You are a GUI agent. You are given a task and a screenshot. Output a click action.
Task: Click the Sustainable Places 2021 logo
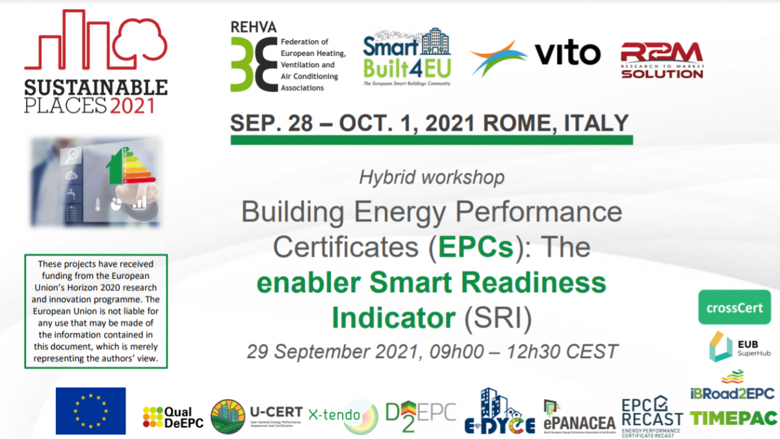pyautogui.click(x=96, y=62)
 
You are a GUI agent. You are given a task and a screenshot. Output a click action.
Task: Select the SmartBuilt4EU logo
pyautogui.click(x=407, y=57)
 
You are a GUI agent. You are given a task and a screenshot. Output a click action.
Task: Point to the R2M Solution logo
pyautogui.click(x=662, y=60)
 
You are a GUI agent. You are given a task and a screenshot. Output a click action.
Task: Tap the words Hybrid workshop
pyautogui.click(x=432, y=176)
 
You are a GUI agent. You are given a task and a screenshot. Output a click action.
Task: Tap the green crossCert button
pyautogui.click(x=734, y=308)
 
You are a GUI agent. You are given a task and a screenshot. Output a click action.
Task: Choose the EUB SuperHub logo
pyautogui.click(x=734, y=347)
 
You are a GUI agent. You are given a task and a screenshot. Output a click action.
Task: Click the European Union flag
pyautogui.click(x=90, y=410)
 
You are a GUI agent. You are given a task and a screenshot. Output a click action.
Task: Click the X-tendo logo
pyautogui.click(x=343, y=415)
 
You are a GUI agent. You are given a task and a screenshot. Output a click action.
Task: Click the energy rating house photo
pyautogui.click(x=96, y=181)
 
